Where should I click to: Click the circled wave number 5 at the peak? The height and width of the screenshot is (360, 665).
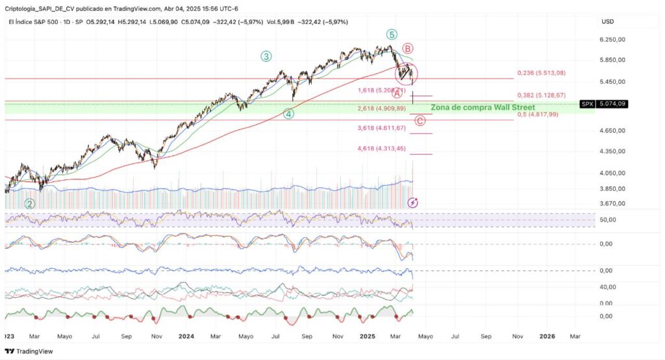[x=391, y=34]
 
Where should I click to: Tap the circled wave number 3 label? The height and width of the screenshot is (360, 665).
[x=266, y=57]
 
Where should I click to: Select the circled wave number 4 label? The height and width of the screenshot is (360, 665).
[x=289, y=114]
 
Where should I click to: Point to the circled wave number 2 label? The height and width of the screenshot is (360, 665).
[x=30, y=203]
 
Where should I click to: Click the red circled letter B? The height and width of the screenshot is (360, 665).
[x=408, y=48]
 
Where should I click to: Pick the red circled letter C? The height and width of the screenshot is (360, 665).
[x=420, y=120]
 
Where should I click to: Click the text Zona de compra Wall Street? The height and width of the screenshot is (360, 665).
[x=483, y=107]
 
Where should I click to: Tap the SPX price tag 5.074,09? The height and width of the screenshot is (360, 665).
[x=612, y=103]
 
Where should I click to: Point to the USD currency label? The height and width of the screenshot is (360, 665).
[x=608, y=21]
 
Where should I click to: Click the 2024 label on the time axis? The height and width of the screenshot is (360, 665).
[x=186, y=336]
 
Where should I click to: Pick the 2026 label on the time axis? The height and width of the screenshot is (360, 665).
[x=547, y=336]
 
